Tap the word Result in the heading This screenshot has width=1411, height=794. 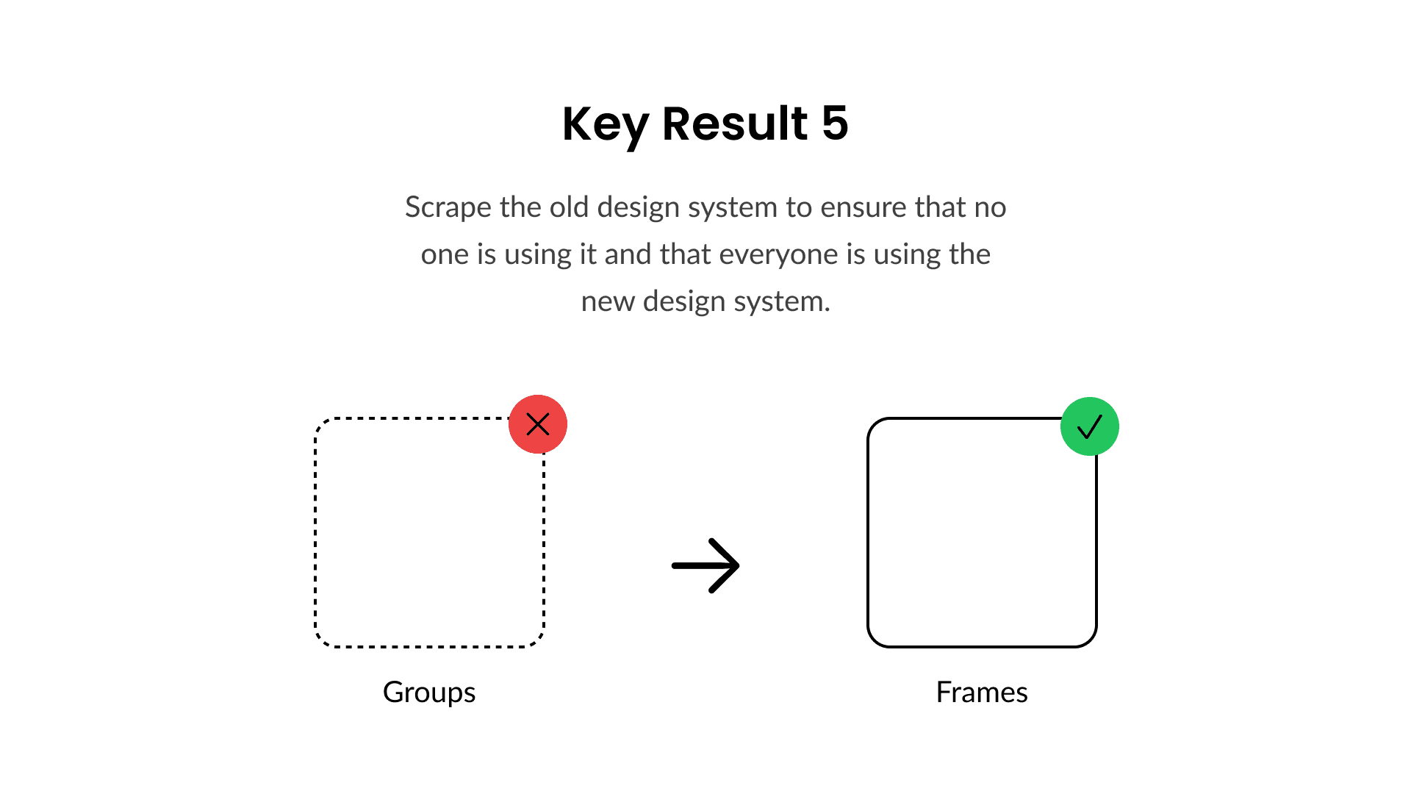735,123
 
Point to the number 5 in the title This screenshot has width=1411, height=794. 835,123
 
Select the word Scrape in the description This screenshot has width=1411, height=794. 448,208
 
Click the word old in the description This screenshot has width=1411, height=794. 569,207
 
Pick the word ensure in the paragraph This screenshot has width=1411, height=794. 863,208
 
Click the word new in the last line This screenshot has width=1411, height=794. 608,302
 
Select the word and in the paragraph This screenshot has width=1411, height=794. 628,254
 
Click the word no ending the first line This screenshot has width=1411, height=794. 990,208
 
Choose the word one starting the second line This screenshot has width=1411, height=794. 445,255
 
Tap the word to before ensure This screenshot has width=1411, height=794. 798,207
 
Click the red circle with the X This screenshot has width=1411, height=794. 538,424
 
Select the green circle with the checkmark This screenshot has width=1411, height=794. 1090,426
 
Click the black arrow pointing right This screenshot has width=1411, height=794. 705,565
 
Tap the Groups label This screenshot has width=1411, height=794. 429,693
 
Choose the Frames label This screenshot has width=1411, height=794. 982,693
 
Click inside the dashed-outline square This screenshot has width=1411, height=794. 429,533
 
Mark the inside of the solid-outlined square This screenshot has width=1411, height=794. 982,533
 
